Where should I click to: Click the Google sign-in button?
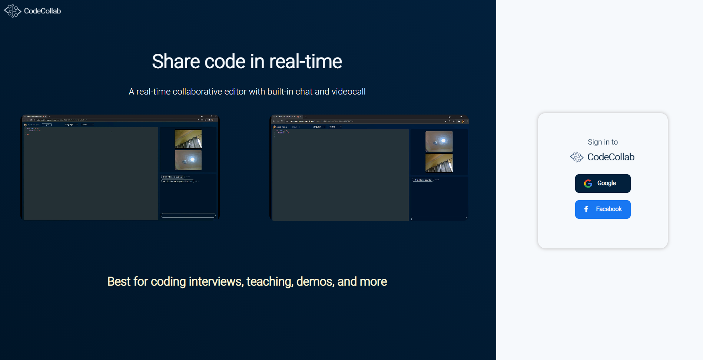[603, 183]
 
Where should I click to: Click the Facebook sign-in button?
[603, 209]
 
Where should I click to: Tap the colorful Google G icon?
[588, 184]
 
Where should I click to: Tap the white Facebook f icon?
[586, 209]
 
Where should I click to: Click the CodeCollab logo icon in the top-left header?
[12, 11]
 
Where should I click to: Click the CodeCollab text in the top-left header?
[42, 11]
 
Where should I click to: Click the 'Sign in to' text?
[603, 142]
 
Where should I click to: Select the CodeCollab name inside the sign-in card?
[611, 157]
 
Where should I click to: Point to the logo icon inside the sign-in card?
[577, 157]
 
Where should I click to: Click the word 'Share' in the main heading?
[176, 62]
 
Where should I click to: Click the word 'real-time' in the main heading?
[305, 62]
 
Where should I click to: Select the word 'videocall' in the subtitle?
[348, 92]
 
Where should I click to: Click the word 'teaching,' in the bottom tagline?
[270, 282]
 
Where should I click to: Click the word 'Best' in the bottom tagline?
[119, 282]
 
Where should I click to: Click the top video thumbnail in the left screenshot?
[188, 139]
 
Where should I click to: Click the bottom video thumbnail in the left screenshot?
[188, 160]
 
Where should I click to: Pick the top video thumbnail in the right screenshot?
[439, 141]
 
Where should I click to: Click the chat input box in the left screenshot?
[188, 215]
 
